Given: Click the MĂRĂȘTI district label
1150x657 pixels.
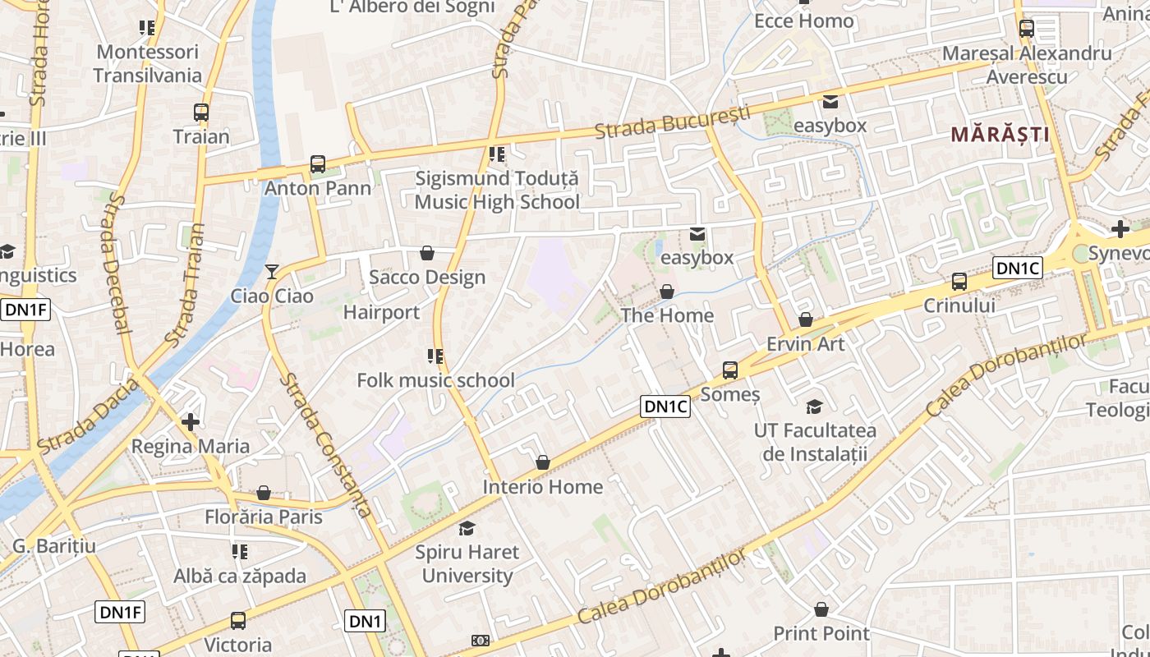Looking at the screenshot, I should [1000, 134].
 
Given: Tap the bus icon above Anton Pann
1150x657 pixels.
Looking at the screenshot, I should [318, 164].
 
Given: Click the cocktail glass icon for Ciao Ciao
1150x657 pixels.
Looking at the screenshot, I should [272, 271].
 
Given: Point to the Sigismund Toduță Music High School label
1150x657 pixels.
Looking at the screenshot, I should [496, 190].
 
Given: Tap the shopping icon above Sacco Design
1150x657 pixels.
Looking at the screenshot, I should [427, 253].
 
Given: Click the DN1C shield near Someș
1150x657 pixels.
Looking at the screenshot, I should [665, 407].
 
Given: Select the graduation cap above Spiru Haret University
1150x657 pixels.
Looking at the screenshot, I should [467, 528].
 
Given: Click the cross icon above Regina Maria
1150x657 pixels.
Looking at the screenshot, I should [191, 422].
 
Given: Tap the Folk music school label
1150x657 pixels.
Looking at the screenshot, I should [435, 380].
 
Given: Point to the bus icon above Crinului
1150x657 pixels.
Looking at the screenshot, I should [959, 282].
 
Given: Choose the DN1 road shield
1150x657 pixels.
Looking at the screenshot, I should [366, 622].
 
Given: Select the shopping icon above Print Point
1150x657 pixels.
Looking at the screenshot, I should [821, 609].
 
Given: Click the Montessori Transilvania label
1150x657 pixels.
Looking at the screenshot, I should [147, 63].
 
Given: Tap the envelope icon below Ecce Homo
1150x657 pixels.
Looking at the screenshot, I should [830, 102].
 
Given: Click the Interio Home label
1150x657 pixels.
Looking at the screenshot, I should [542, 487].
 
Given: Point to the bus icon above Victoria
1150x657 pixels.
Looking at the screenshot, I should [238, 621].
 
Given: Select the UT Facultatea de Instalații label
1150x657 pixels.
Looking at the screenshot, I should [815, 442].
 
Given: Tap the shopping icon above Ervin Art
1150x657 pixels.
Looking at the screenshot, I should [806, 319].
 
